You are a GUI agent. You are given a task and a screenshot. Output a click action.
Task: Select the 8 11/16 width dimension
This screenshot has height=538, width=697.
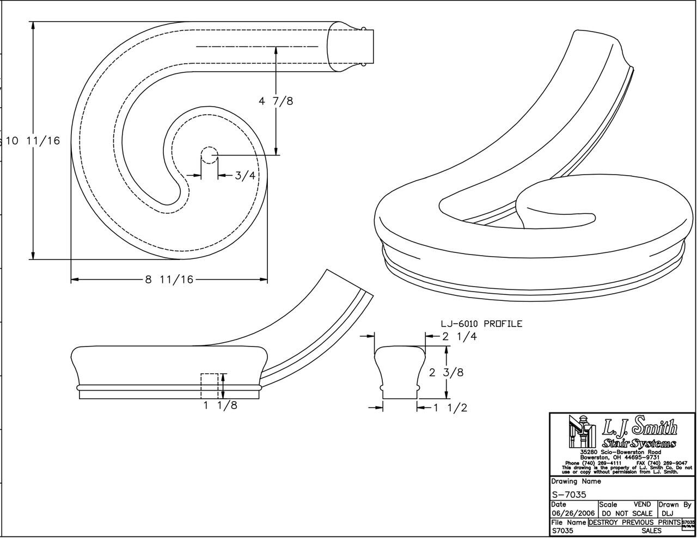tap(169, 280)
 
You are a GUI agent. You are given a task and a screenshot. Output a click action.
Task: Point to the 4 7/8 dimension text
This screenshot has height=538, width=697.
tap(276, 101)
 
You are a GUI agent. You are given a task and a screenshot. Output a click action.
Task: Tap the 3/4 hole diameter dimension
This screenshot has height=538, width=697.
tap(245, 175)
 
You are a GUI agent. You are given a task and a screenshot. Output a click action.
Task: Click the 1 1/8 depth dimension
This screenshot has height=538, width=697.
tap(220, 405)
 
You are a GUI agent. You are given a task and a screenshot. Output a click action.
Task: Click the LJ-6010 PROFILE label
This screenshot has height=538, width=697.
tap(481, 324)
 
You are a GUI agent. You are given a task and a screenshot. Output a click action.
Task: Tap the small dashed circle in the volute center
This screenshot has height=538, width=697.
tap(210, 156)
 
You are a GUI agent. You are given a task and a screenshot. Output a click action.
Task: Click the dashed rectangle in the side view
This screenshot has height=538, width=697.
tap(210, 386)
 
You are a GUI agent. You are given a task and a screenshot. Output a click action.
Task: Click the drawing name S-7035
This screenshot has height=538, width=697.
tap(569, 494)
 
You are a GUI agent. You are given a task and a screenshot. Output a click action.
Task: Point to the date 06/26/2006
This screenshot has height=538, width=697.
tap(573, 513)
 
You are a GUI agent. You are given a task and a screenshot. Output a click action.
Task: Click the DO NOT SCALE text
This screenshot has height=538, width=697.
tap(626, 513)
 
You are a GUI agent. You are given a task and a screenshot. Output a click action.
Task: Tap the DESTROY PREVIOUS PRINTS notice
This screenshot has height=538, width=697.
tap(634, 522)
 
